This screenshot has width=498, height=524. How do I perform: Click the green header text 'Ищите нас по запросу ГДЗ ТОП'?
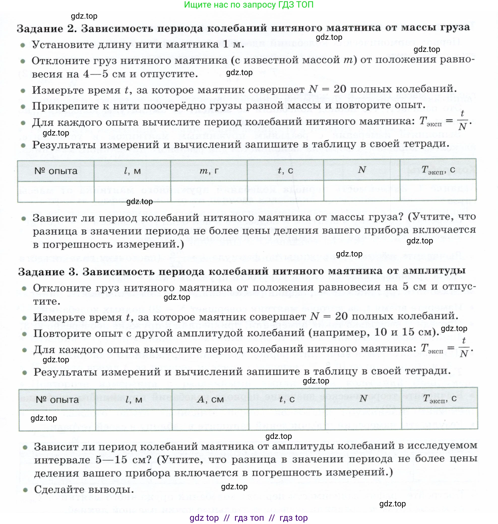(x=248, y=5)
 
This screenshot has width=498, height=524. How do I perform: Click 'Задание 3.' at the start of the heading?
(x=48, y=272)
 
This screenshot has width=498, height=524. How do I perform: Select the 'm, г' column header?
(x=209, y=171)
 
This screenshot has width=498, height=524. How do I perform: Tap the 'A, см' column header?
(x=210, y=399)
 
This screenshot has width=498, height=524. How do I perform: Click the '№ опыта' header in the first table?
(x=56, y=171)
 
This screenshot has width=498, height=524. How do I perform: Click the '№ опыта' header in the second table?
(x=57, y=400)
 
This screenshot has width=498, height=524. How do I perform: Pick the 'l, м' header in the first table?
(x=132, y=171)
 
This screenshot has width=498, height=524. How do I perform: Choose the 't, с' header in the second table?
(x=287, y=399)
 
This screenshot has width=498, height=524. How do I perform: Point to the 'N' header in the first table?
(x=362, y=170)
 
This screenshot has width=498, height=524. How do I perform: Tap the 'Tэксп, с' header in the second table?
(x=440, y=399)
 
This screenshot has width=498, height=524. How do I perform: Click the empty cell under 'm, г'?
(x=209, y=191)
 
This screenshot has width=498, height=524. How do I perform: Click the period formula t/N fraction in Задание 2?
(x=462, y=120)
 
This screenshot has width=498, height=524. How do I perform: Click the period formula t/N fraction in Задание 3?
(x=463, y=348)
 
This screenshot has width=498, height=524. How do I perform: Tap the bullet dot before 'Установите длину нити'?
(x=23, y=45)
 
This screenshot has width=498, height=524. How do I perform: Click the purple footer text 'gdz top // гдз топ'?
(x=248, y=518)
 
